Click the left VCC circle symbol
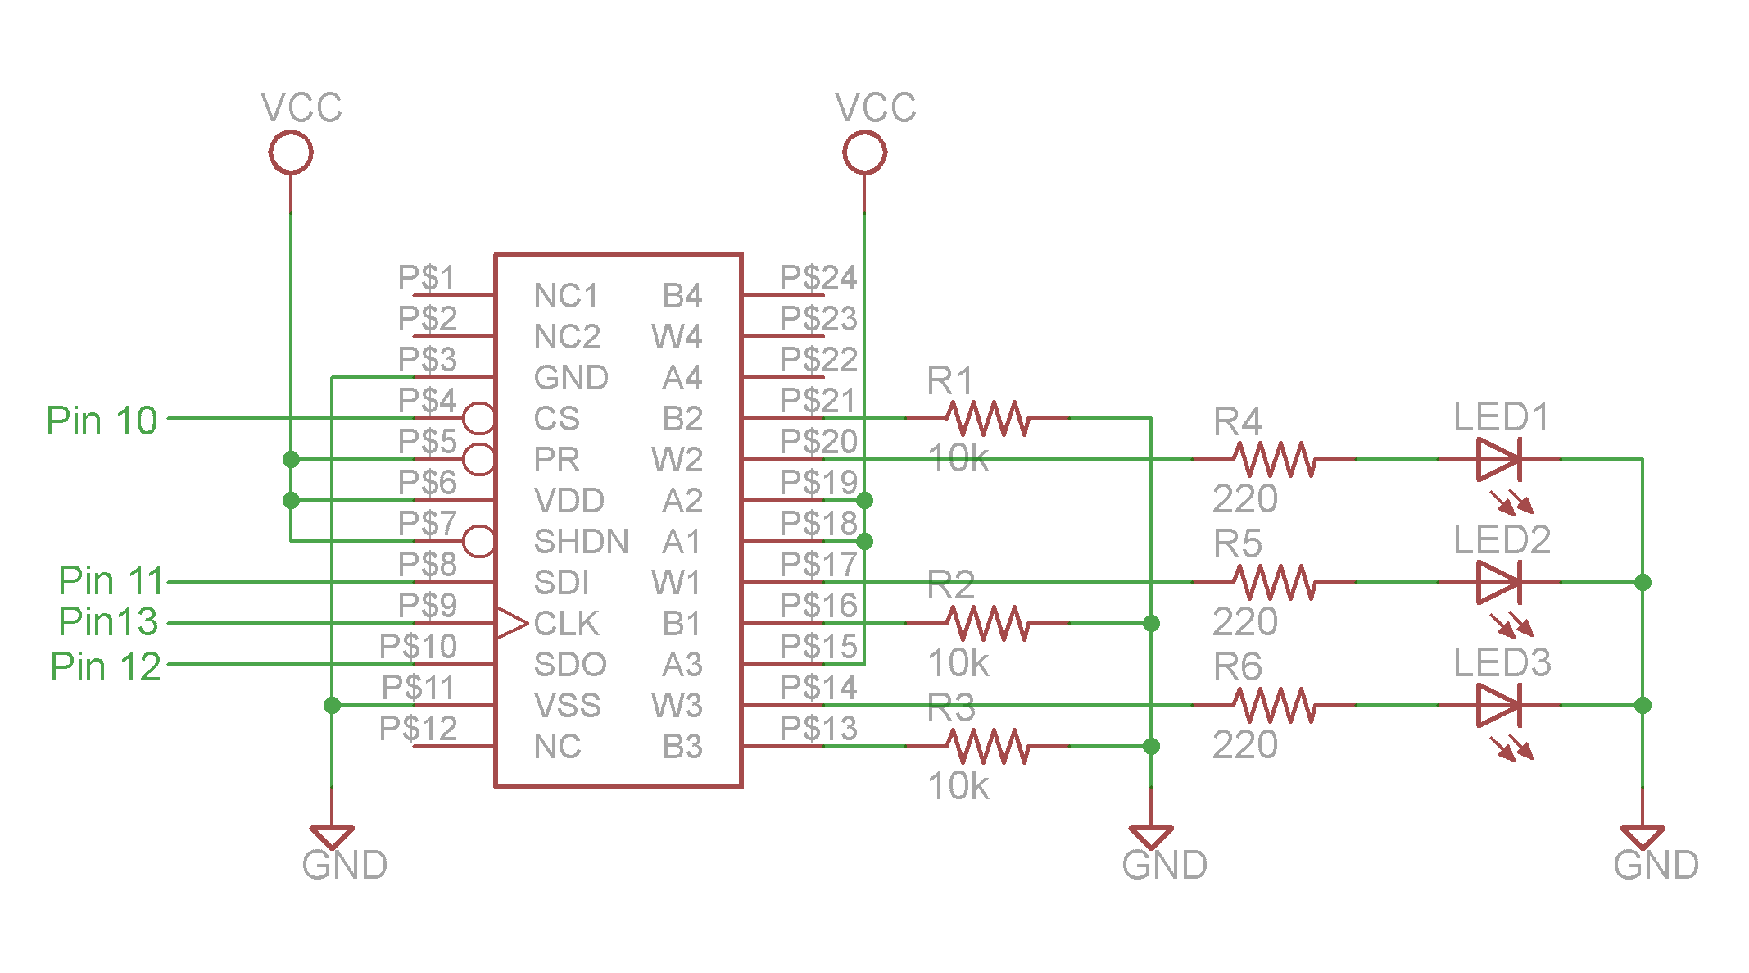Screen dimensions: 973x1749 click(x=291, y=152)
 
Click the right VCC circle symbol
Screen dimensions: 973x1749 click(x=864, y=152)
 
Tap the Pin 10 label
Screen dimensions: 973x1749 click(x=102, y=421)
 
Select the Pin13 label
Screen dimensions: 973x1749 click(x=108, y=621)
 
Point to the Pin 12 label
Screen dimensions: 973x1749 click(x=106, y=666)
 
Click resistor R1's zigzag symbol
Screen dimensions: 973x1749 click(x=987, y=418)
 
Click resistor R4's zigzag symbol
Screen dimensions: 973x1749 click(x=1274, y=459)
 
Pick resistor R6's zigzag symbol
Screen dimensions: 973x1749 click(x=1274, y=705)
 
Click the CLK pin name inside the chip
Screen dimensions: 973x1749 click(x=566, y=624)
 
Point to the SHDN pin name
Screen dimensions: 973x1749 click(x=581, y=542)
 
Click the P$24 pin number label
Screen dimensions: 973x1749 click(x=818, y=278)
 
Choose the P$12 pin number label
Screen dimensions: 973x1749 click(x=418, y=728)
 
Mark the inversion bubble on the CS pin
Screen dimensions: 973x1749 click(x=479, y=418)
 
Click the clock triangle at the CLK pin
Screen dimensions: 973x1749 click(x=510, y=623)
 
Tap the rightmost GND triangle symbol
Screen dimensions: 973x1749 click(x=1643, y=837)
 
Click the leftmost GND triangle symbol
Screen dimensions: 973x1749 click(x=332, y=837)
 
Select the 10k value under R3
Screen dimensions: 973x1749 click(x=958, y=786)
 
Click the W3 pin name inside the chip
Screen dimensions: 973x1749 click(x=677, y=706)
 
